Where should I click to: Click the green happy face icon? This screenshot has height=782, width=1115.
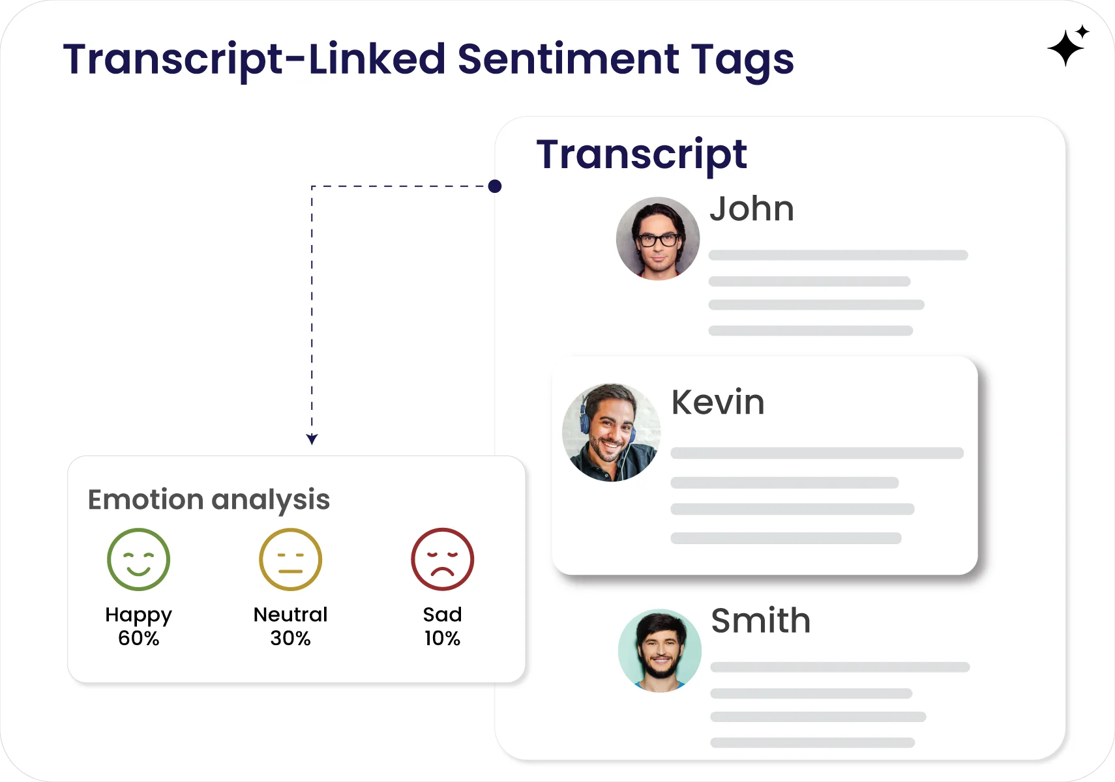point(138,559)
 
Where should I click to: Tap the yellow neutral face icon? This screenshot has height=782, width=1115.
point(290,559)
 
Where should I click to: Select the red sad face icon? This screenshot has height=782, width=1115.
point(442,559)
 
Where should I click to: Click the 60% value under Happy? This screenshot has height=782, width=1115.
point(138,638)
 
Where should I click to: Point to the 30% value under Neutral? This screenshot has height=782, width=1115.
point(290,638)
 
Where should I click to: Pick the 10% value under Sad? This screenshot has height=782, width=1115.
point(442,638)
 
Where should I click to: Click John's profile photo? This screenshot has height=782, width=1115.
point(657,239)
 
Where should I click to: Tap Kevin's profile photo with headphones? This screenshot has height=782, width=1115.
point(611,432)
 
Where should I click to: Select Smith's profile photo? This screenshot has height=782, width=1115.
point(659,650)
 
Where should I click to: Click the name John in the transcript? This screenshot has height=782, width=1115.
point(751,209)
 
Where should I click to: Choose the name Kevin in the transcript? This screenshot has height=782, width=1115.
point(717,402)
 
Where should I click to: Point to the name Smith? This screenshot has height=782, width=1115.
point(760,620)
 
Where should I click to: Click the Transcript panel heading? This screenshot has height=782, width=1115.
point(641,155)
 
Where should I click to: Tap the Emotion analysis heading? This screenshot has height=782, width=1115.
point(209,500)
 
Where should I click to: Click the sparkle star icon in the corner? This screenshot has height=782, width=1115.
point(1067,46)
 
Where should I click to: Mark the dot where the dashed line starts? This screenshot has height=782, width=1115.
point(495,186)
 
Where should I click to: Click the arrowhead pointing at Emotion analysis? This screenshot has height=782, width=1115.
point(312,439)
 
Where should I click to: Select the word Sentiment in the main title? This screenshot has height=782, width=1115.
point(568,59)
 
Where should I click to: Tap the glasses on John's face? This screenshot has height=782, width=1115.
point(658,240)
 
